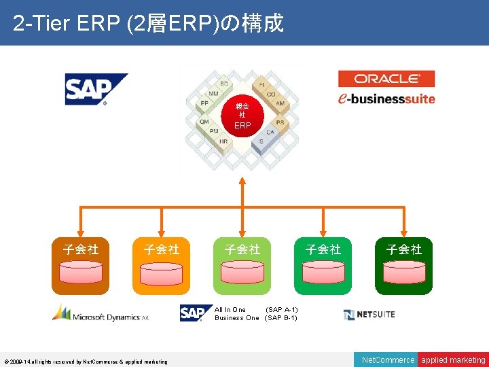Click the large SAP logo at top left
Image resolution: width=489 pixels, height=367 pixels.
click(x=96, y=89)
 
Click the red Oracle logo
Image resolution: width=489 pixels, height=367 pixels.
click(x=386, y=79)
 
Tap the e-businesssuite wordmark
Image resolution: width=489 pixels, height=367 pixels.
click(x=386, y=98)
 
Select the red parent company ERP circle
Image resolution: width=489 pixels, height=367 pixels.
click(x=242, y=116)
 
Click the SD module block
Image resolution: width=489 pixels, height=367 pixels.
click(x=223, y=84)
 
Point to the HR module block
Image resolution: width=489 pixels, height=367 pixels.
click(x=223, y=142)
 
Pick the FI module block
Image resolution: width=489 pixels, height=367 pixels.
click(x=261, y=85)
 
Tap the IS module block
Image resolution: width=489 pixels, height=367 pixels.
click(x=261, y=141)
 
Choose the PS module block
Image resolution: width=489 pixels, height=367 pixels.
click(x=280, y=122)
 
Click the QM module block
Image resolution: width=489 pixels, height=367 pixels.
click(x=204, y=122)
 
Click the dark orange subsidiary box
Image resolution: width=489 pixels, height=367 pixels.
click(x=81, y=266)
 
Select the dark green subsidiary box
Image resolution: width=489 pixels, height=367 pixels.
click(x=404, y=266)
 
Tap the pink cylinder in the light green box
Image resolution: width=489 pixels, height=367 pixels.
click(x=242, y=272)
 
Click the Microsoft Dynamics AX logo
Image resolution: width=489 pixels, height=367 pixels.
click(x=101, y=313)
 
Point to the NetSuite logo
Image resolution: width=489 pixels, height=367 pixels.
click(x=369, y=314)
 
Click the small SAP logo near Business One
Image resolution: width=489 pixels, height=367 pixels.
click(x=192, y=313)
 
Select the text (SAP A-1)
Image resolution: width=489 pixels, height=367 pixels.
click(x=281, y=310)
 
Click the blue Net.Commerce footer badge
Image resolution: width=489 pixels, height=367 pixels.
click(x=388, y=360)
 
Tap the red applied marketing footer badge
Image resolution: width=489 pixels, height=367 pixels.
click(x=453, y=360)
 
